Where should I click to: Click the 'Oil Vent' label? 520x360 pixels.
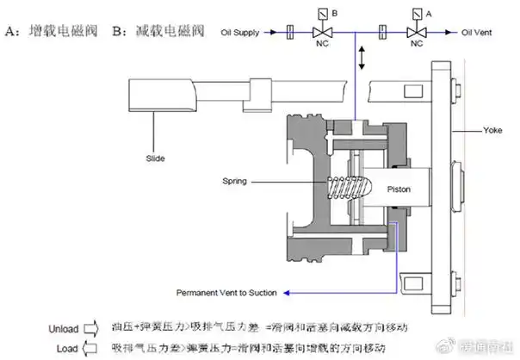(x=479, y=32)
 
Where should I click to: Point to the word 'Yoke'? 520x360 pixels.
(x=492, y=131)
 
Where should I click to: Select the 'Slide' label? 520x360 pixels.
(x=155, y=158)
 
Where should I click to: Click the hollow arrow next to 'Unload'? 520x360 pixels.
(x=92, y=327)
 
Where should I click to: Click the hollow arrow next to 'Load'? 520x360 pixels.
(x=92, y=347)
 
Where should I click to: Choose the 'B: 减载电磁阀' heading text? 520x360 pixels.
(x=158, y=33)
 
